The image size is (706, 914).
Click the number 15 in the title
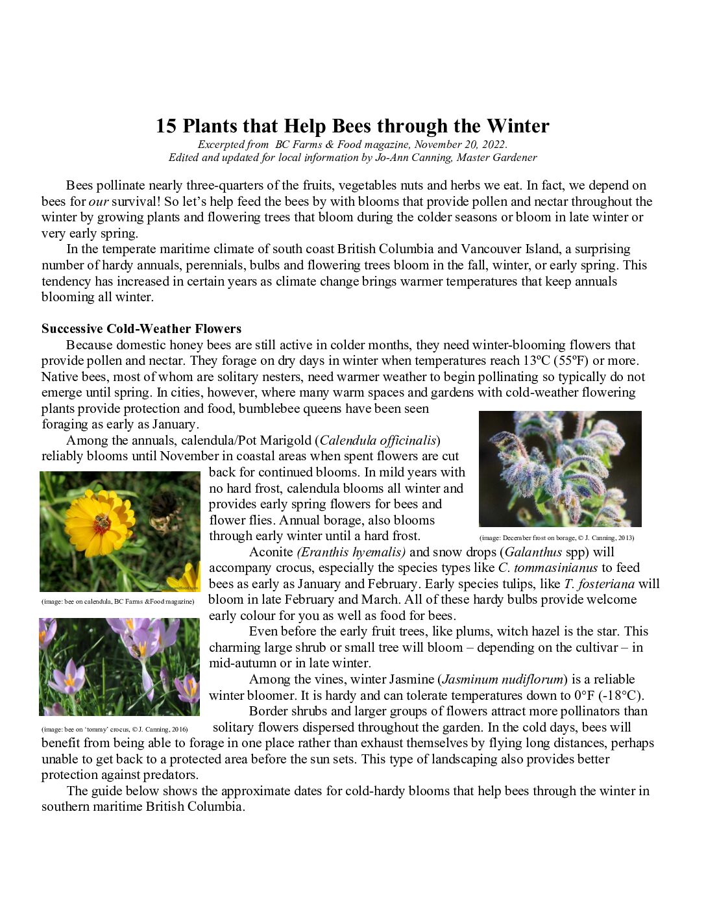[x=165, y=126]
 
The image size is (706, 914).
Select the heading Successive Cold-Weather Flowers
[x=141, y=328]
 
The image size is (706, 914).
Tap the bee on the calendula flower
[x=102, y=521]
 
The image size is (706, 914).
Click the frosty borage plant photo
[x=560, y=469]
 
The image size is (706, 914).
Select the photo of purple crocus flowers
[x=119, y=667]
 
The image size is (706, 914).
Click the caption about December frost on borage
[x=557, y=537]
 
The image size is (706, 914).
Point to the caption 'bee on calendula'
[x=117, y=601]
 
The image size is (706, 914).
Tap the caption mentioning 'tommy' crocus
[x=114, y=729]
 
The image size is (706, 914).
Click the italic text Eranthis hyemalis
[x=352, y=552]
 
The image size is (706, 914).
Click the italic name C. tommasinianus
[x=548, y=568]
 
